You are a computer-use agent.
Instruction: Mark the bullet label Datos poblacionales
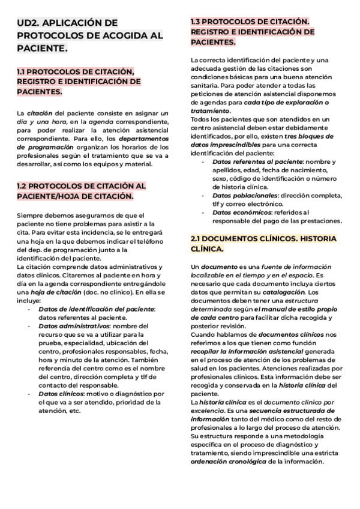coord(245,195)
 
